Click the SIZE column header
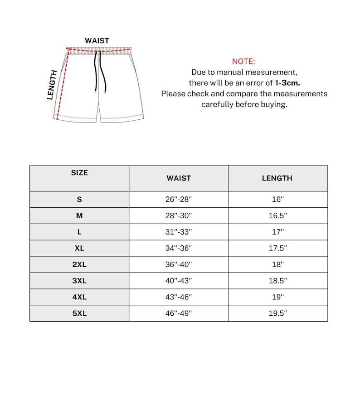[79, 173]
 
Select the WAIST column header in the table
[179, 178]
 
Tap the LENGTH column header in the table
[277, 178]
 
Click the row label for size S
[79, 200]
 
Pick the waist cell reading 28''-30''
[179, 216]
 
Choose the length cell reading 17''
[277, 232]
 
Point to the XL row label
[79, 248]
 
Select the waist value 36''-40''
[179, 264]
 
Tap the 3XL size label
[79, 281]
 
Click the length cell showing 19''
[277, 297]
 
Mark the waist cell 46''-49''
[179, 313]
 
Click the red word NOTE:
[243, 61]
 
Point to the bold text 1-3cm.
[287, 83]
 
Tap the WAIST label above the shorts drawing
[97, 41]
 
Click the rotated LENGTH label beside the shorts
[53, 85]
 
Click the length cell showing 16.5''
[277, 216]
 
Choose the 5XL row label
[79, 313]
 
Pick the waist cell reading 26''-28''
[179, 200]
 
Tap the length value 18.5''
[277, 281]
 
